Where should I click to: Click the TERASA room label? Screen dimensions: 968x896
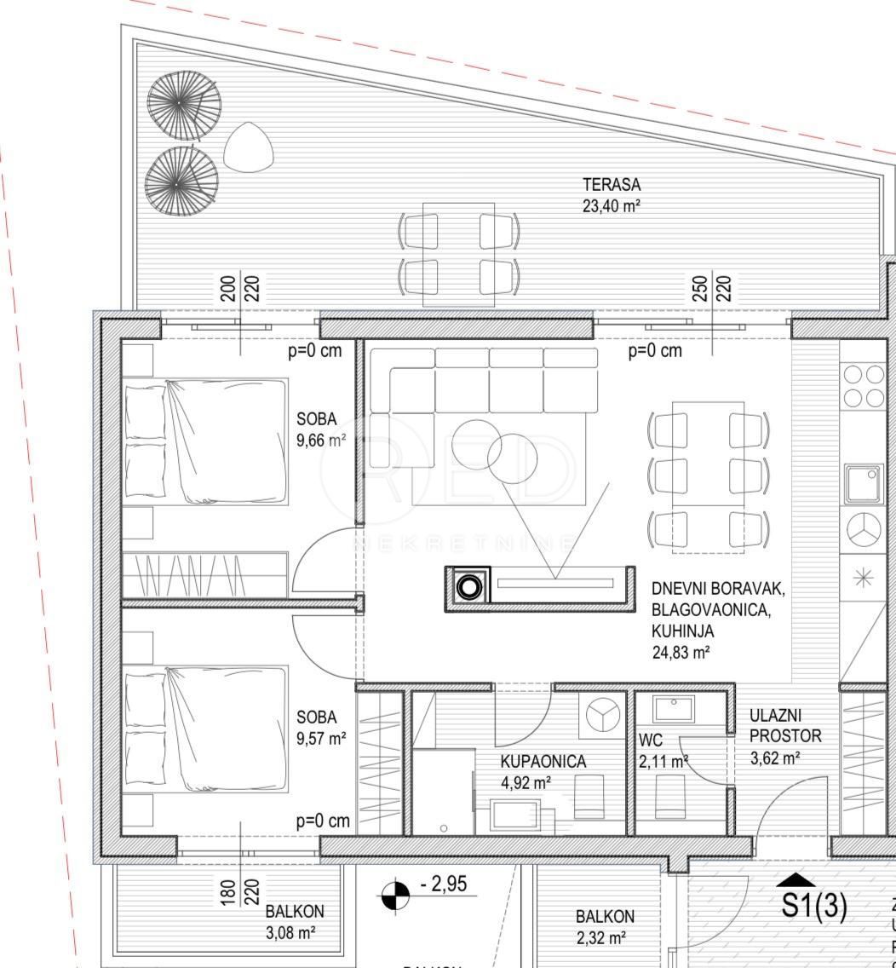coord(611,184)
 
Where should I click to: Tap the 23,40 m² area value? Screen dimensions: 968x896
coord(611,205)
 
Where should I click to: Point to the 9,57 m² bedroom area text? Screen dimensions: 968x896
coord(321,739)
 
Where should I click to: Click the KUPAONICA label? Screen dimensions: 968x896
coord(543,761)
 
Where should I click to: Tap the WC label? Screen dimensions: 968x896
coord(651,741)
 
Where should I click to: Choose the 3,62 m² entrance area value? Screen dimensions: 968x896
coord(774,756)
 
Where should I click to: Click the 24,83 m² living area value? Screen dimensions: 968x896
coord(681,653)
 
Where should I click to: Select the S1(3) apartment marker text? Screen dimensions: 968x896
coord(814,907)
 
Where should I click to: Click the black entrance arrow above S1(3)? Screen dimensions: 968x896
coord(795,879)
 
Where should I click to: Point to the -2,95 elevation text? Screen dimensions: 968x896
coord(444,885)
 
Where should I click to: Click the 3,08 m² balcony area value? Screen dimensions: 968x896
coord(290,932)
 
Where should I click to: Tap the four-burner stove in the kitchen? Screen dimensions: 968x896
coord(864,385)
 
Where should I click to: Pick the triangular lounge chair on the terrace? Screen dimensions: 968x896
coord(249,146)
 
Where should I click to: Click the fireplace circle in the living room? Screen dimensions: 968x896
coord(468,587)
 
